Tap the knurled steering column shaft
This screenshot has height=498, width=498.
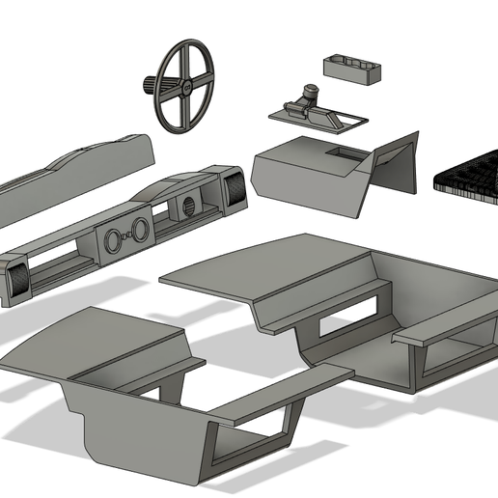(x=150, y=84)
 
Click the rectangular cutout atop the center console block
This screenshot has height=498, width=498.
(x=345, y=152)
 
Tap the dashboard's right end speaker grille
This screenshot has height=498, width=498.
(x=233, y=187)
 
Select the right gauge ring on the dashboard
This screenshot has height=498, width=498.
(x=141, y=229)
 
